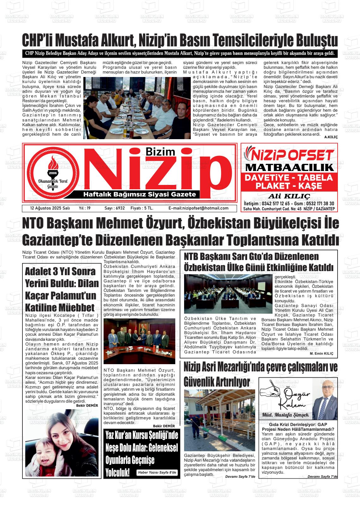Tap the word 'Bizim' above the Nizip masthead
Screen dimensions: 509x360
tap(160, 152)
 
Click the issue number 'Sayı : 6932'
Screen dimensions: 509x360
tap(115, 208)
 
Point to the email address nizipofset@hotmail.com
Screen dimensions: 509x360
tap(198, 208)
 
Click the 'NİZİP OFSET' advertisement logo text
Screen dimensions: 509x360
tap(289, 155)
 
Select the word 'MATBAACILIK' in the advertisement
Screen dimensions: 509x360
tap(289, 167)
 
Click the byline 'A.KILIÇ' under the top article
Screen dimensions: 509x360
tap(331, 137)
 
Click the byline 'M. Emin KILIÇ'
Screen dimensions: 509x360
tap(321, 354)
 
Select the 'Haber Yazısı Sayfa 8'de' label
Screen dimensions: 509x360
tap(157, 472)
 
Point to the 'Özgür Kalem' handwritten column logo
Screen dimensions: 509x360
tap(285, 395)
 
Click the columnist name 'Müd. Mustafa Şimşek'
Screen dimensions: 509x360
tap(285, 415)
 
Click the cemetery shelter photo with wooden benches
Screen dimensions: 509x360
tap(219, 420)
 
